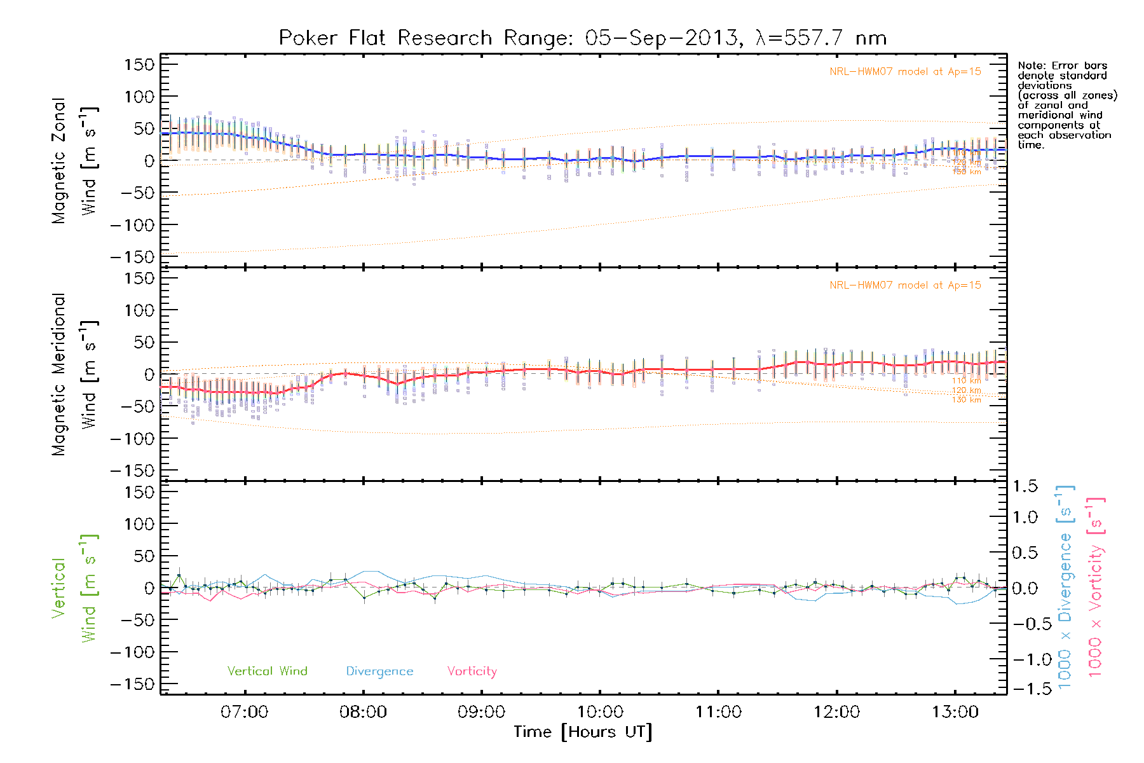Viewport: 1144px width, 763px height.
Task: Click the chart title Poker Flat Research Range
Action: point(582,38)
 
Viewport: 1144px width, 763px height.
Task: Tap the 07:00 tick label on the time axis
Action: point(245,712)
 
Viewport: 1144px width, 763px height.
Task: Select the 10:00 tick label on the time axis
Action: point(600,712)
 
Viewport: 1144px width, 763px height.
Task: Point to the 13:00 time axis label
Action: point(955,712)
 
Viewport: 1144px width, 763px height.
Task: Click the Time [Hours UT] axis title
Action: point(583,732)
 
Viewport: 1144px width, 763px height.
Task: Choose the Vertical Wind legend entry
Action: point(267,671)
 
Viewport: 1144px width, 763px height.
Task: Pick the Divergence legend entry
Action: point(379,671)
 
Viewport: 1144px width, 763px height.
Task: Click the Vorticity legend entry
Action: point(472,671)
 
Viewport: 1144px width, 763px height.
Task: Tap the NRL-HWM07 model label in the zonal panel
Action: point(905,72)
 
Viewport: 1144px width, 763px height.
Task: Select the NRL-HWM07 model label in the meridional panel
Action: point(905,285)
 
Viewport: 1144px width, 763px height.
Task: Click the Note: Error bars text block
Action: point(1066,105)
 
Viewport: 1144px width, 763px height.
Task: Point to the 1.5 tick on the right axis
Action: point(1025,486)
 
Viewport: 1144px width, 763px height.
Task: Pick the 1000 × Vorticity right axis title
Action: point(1096,588)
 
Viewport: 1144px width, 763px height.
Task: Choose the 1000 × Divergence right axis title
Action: point(1065,588)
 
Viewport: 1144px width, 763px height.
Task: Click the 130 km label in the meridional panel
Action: point(966,400)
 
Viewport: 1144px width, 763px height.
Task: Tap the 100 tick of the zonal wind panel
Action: point(139,97)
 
